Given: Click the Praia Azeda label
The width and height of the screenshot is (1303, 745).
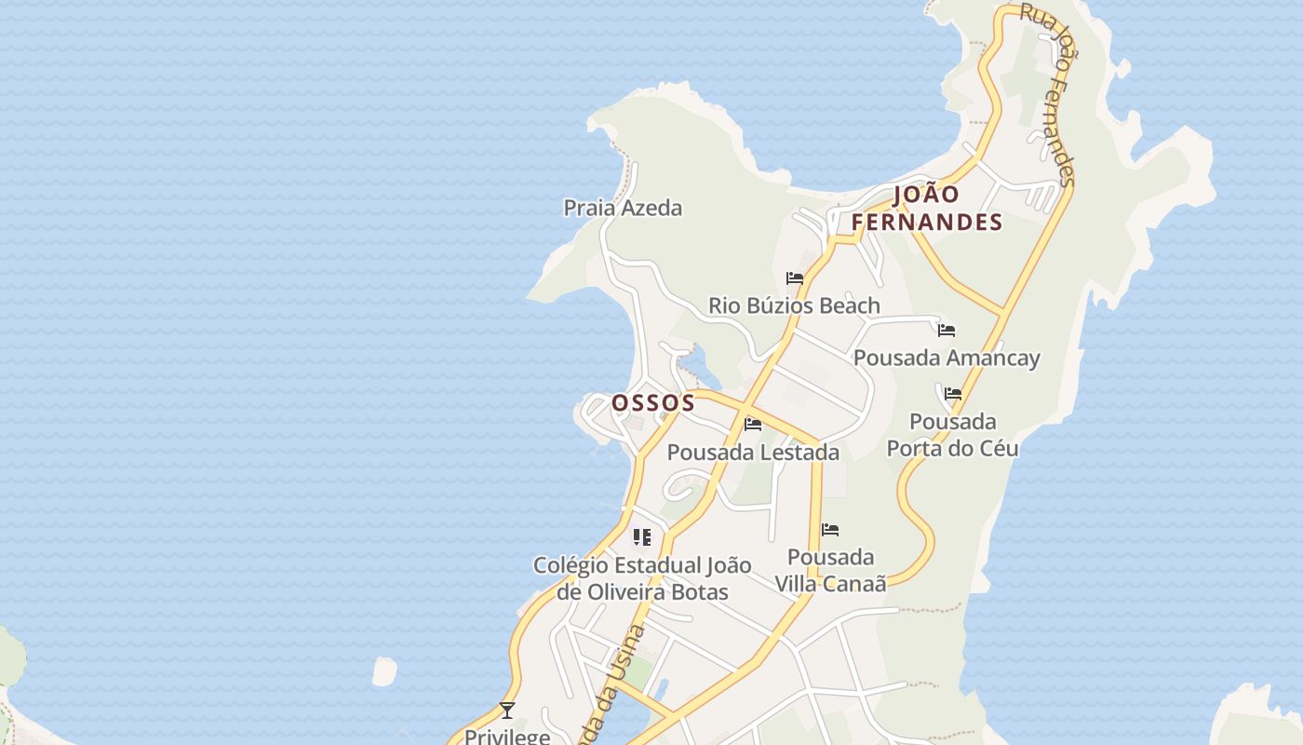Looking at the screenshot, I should pyautogui.click(x=623, y=208).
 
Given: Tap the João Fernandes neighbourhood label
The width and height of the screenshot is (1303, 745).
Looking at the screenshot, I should pyautogui.click(x=927, y=209).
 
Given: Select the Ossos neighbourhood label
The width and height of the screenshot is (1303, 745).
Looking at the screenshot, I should pyautogui.click(x=652, y=402).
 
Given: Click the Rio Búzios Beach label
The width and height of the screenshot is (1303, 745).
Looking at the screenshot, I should pyautogui.click(x=794, y=305).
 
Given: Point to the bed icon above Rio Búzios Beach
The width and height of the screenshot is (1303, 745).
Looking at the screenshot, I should pyautogui.click(x=795, y=278).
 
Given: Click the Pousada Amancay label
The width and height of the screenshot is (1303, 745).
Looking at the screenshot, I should pyautogui.click(x=947, y=358).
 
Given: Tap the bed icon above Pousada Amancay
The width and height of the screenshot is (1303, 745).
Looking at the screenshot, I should pyautogui.click(x=947, y=331).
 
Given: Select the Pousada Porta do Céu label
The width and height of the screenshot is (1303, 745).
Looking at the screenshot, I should pyautogui.click(x=952, y=435).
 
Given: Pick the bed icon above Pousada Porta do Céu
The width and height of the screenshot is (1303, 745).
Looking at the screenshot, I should pyautogui.click(x=953, y=394).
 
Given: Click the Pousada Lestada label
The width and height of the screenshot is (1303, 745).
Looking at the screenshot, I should pyautogui.click(x=753, y=453).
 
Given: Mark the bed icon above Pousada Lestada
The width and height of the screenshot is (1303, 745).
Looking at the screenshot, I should pyautogui.click(x=753, y=425).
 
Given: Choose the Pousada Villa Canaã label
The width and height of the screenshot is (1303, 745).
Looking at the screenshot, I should pyautogui.click(x=830, y=570).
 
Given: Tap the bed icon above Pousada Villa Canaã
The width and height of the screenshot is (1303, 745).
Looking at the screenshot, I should pyautogui.click(x=830, y=530).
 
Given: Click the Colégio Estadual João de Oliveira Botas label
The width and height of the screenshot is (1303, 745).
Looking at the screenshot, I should pyautogui.click(x=642, y=578).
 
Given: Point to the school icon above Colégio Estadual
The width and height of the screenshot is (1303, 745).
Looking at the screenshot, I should pyautogui.click(x=642, y=537).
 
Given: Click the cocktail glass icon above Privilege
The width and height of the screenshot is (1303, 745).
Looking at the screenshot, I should pyautogui.click(x=507, y=711).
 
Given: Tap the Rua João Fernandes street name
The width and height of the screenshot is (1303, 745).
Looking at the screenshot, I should pyautogui.click(x=1049, y=93).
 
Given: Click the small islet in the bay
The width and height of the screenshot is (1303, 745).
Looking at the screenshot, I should pyautogui.click(x=383, y=671).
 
